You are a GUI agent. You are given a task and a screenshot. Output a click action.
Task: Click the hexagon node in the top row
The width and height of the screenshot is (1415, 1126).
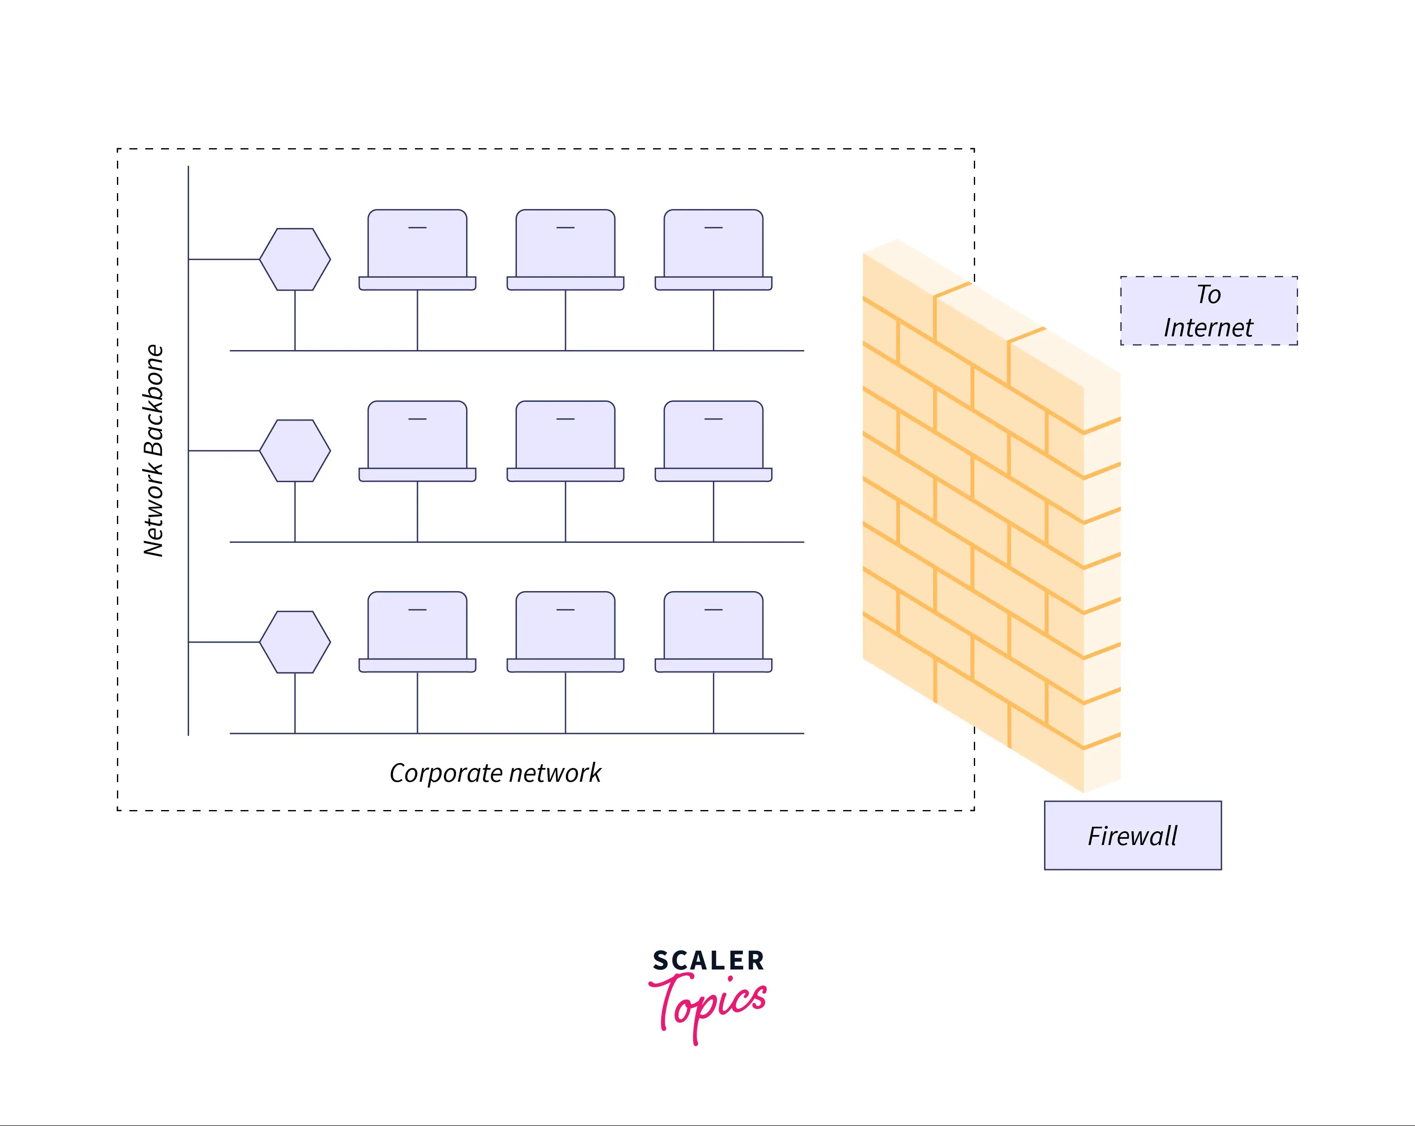pyautogui.click(x=295, y=259)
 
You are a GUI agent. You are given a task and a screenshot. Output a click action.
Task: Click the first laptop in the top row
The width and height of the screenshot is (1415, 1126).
pyautogui.click(x=417, y=249)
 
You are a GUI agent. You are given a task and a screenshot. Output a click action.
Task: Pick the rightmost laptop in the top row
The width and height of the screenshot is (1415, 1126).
pyautogui.click(x=713, y=249)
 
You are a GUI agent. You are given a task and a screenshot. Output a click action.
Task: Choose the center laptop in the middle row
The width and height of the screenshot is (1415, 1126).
pyautogui.click(x=565, y=440)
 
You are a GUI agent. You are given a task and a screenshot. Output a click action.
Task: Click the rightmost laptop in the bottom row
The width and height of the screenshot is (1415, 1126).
pyautogui.click(x=713, y=631)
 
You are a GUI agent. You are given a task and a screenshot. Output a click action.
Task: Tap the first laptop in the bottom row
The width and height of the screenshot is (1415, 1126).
pyautogui.click(x=417, y=631)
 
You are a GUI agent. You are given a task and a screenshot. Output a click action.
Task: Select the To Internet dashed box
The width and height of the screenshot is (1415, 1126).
pyautogui.click(x=1209, y=311)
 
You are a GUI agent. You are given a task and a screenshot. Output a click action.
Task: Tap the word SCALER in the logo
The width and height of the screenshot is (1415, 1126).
pyautogui.click(x=708, y=961)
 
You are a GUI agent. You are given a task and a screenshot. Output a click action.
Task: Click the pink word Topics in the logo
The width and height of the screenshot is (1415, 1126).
pyautogui.click(x=708, y=1004)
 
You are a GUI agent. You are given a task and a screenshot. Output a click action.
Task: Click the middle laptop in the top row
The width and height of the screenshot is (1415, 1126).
pyautogui.click(x=565, y=249)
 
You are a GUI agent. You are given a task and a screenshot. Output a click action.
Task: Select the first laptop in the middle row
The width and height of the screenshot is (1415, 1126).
pyautogui.click(x=417, y=440)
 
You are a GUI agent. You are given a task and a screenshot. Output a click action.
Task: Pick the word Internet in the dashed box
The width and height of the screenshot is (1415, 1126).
pyautogui.click(x=1208, y=328)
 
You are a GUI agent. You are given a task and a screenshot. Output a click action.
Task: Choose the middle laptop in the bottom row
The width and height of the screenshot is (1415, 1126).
pyautogui.click(x=565, y=631)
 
